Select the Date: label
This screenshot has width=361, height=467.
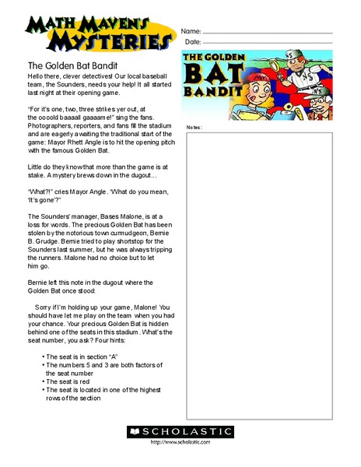[191, 42]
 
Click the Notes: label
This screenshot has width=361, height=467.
[195, 127]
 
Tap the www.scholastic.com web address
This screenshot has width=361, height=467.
[180, 443]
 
